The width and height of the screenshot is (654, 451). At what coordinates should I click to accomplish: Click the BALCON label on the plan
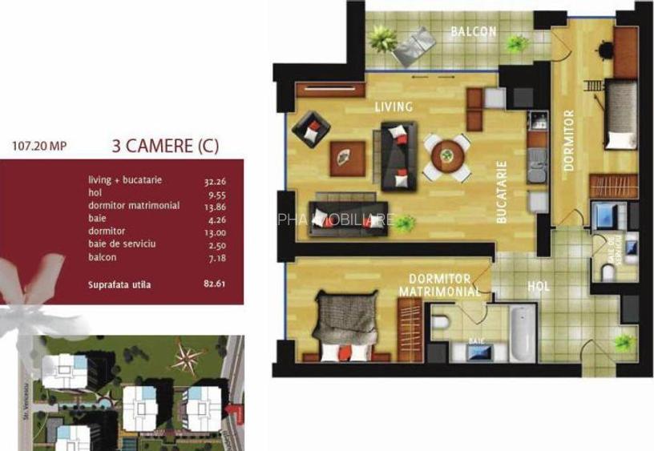tap(473, 33)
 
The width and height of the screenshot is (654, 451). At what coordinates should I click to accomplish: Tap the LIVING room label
tap(394, 107)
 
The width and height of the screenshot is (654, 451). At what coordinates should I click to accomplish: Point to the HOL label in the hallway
tap(539, 286)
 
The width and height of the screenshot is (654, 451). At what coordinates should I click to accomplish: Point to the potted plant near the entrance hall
tap(623, 344)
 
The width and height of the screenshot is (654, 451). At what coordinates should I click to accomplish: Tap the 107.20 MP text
tap(40, 147)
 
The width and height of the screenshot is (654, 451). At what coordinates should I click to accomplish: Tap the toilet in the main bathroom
tap(439, 323)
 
